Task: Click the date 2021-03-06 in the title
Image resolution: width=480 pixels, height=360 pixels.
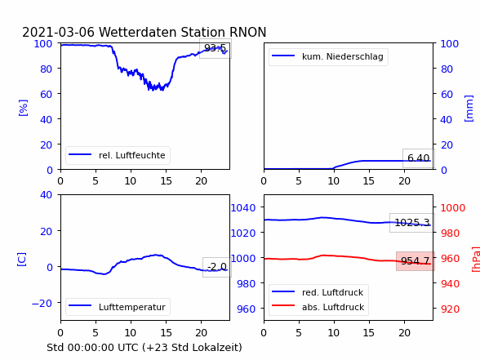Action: pyautogui.click(x=59, y=32)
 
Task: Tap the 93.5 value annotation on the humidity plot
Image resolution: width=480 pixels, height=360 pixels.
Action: pyautogui.click(x=216, y=48)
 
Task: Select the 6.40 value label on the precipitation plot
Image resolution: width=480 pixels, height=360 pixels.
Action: pyautogui.click(x=419, y=158)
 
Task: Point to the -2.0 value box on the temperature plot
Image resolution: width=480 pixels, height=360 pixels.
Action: pyautogui.click(x=217, y=267)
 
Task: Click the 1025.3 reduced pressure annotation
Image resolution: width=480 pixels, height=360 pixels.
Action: pyautogui.click(x=412, y=223)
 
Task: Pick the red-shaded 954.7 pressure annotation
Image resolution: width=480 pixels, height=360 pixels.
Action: pyautogui.click(x=416, y=261)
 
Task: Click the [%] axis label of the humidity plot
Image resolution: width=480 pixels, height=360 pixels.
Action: pyautogui.click(x=23, y=108)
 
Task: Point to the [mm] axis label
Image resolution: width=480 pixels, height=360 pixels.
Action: pyautogui.click(x=469, y=109)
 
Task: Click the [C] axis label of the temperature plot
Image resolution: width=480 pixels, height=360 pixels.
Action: pyautogui.click(x=22, y=260)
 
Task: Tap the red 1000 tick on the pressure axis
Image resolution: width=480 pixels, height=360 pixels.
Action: pyautogui.click(x=453, y=208)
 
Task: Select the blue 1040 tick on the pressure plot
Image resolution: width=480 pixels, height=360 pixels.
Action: pyautogui.click(x=243, y=208)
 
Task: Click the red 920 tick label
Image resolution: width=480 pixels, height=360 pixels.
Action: pyautogui.click(x=450, y=309)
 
